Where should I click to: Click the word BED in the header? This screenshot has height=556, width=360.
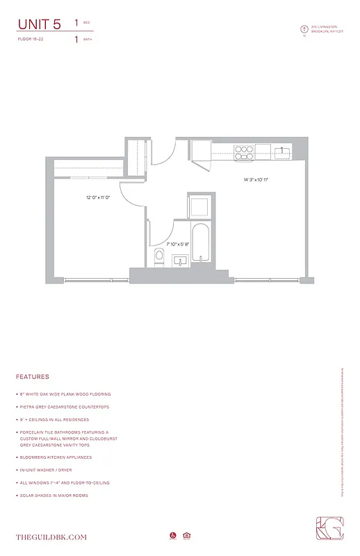coord(87,23)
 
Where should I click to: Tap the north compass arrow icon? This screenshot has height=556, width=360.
coord(304,29)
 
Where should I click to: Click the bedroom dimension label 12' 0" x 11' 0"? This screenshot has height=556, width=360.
coord(99,198)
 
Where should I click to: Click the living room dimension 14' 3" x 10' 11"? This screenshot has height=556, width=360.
coord(256,180)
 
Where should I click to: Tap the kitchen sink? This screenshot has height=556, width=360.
coord(281,151)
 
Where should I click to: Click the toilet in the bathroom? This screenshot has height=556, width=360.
coord(158,256)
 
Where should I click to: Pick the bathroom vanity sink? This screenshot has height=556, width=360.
coord(179,261)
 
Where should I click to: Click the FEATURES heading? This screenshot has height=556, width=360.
coord(33,377)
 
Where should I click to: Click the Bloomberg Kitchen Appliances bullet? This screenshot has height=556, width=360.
coord(56,457)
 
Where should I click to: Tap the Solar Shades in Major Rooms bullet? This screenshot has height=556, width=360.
coord(55,495)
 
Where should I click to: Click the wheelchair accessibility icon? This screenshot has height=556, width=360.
coord(172,535)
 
